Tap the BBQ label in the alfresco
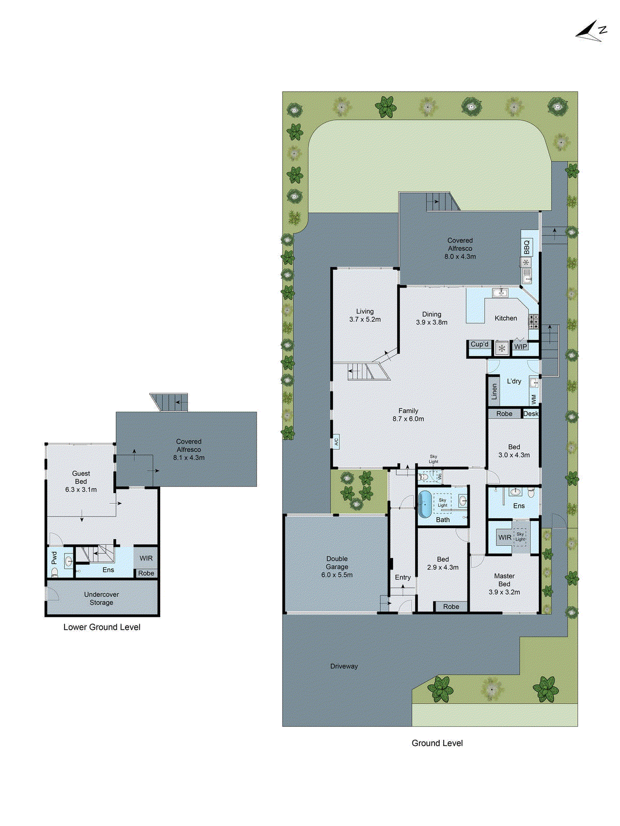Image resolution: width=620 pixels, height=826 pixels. tap(526, 247)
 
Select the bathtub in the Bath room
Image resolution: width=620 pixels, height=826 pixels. tap(424, 504)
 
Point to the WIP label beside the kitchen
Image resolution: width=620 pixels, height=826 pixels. tap(520, 346)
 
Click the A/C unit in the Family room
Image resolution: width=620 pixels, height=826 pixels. tap(336, 441)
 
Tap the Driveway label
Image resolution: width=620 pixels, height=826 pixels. tap(344, 666)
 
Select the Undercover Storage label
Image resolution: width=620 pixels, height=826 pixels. tap(102, 598)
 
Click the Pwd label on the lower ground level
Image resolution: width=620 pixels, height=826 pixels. tap(54, 558)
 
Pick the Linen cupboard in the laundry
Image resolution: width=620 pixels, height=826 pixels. tap(494, 391)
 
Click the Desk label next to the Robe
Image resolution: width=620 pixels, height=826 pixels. tap(531, 414)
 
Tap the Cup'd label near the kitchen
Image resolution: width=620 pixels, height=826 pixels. tap(479, 344)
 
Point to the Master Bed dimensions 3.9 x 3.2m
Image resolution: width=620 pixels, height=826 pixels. tap(504, 592)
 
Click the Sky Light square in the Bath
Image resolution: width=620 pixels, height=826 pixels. tap(443, 503)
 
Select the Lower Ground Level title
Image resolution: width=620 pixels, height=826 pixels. tap(102, 627)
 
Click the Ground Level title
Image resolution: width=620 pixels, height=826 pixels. tap(437, 743)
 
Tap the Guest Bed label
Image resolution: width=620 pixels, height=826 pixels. tap(81, 478)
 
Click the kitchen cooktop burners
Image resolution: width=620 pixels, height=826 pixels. tap(533, 322)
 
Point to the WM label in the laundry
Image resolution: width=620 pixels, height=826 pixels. tap(534, 399)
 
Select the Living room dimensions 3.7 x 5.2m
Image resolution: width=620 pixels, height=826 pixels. tap(365, 320)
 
